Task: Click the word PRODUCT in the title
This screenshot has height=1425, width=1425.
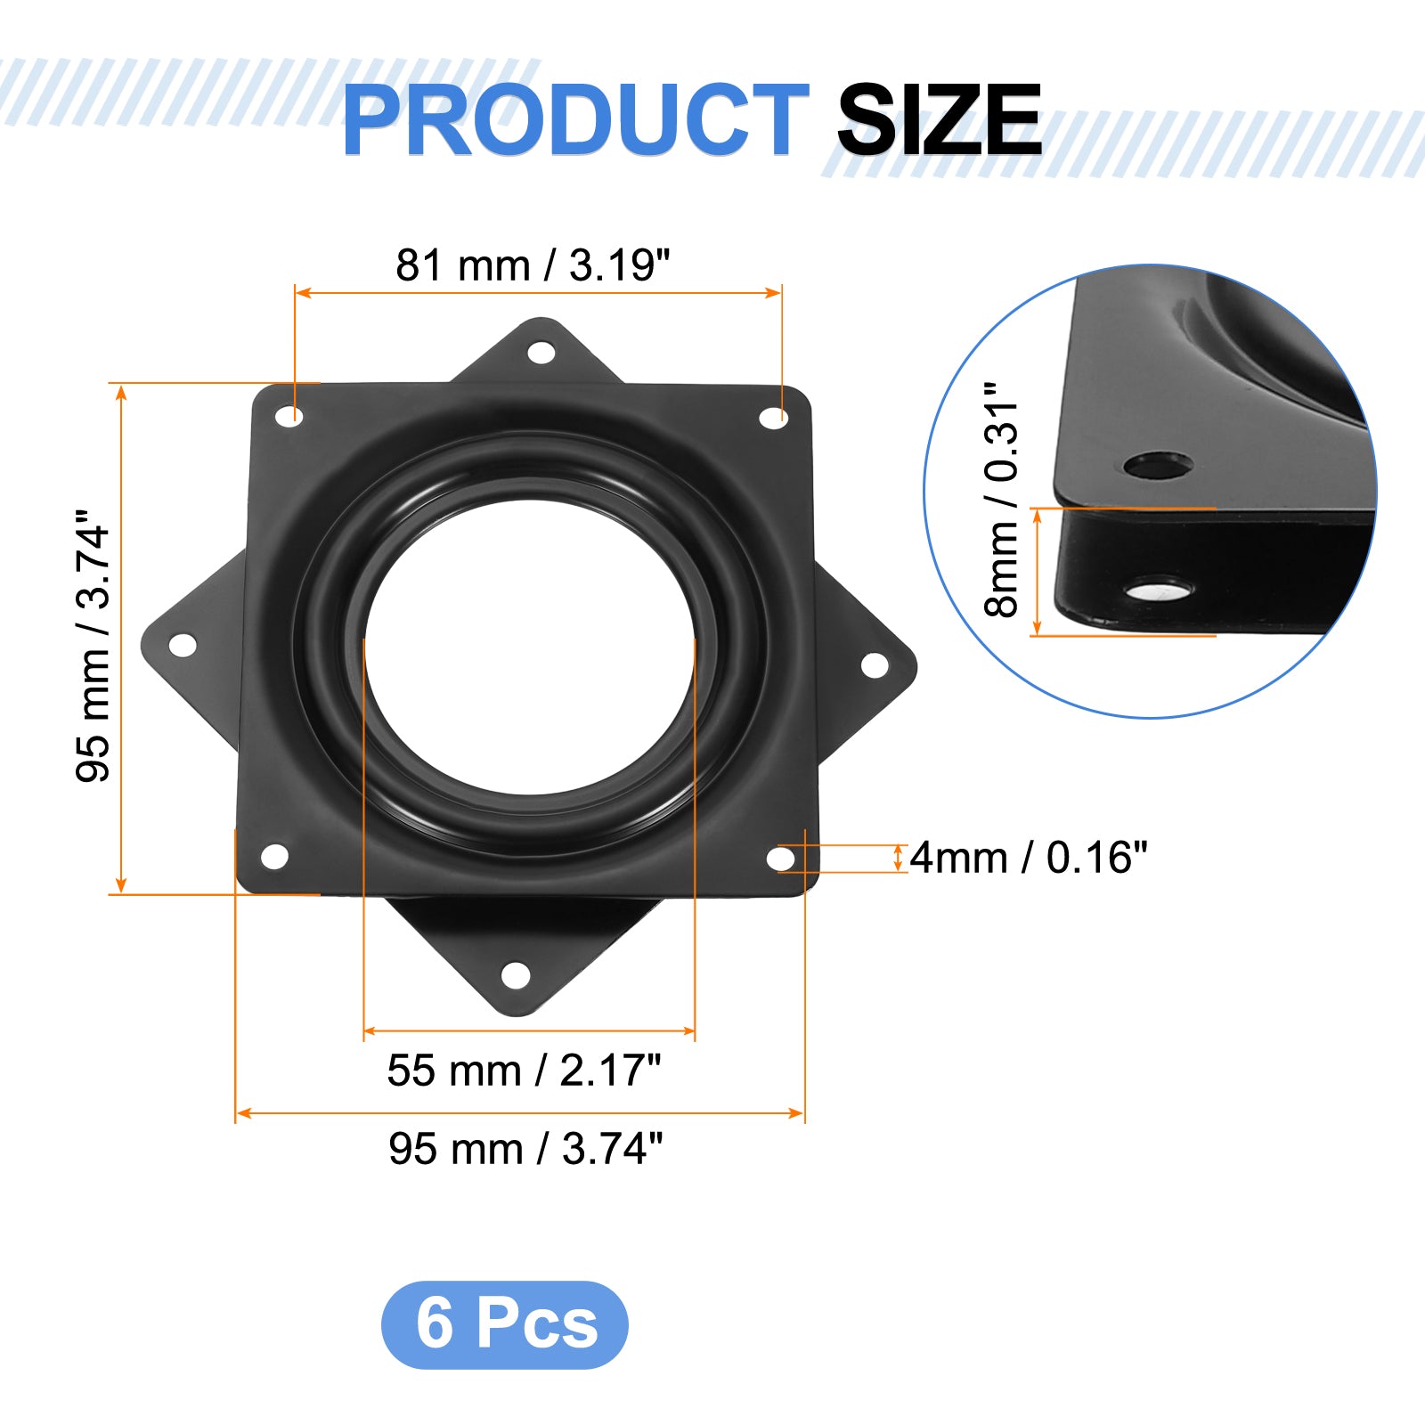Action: (575, 119)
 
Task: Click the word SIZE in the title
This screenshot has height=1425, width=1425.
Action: (939, 119)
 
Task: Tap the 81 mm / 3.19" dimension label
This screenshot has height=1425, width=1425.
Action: (533, 265)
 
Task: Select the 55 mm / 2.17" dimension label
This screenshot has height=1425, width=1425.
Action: (524, 1071)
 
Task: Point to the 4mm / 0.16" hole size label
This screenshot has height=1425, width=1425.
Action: (1029, 858)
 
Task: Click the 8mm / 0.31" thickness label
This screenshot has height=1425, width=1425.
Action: (1001, 500)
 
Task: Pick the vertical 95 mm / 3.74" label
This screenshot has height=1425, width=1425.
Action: (94, 647)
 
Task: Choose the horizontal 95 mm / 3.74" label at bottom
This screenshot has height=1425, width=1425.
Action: (525, 1149)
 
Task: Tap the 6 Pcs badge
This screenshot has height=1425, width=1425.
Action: (505, 1324)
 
